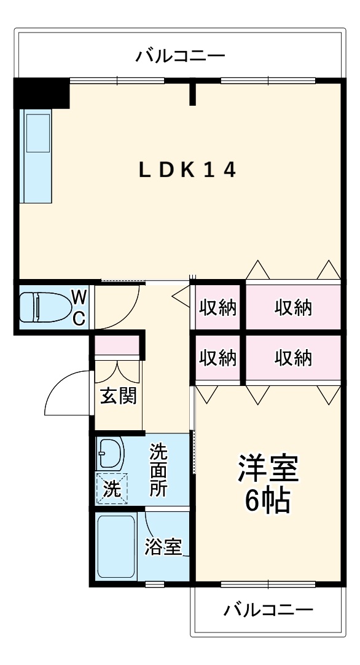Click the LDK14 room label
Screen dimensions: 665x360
187,170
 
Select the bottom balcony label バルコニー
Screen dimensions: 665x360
268,610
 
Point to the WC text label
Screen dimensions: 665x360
79,307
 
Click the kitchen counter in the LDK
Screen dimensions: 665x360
37,156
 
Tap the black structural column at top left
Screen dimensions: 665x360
42,93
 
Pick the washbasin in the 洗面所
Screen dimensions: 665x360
110,455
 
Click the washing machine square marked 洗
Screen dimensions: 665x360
111,489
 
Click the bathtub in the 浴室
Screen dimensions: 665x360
117,546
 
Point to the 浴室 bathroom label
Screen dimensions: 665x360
163,546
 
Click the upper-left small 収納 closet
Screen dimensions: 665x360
217,307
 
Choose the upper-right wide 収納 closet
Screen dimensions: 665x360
293,307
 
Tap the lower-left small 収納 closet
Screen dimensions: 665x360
217,357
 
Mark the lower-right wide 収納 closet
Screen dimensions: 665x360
293,357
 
